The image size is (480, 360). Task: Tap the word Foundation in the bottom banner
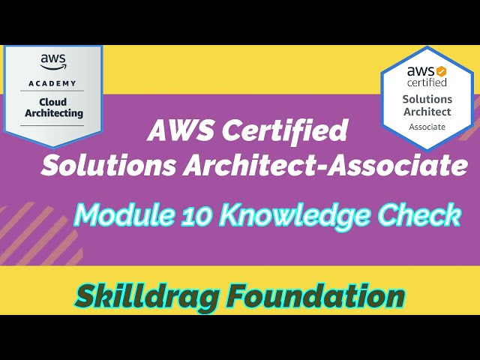point(314,295)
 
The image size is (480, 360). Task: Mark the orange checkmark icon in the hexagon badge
point(441,70)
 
